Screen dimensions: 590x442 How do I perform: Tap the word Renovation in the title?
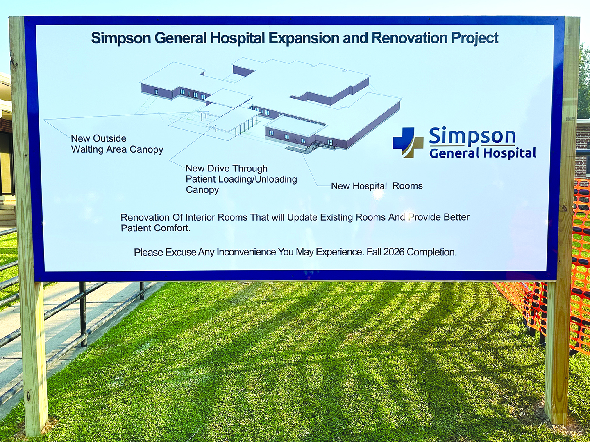[409, 38]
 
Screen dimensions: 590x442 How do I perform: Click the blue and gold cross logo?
[408, 142]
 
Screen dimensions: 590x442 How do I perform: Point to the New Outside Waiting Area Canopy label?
[117, 144]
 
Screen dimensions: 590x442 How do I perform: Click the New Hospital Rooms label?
[377, 186]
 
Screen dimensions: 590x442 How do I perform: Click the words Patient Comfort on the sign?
[156, 228]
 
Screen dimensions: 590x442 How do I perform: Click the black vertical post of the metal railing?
[83, 314]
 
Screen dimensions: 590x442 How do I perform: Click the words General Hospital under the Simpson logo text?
[483, 153]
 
